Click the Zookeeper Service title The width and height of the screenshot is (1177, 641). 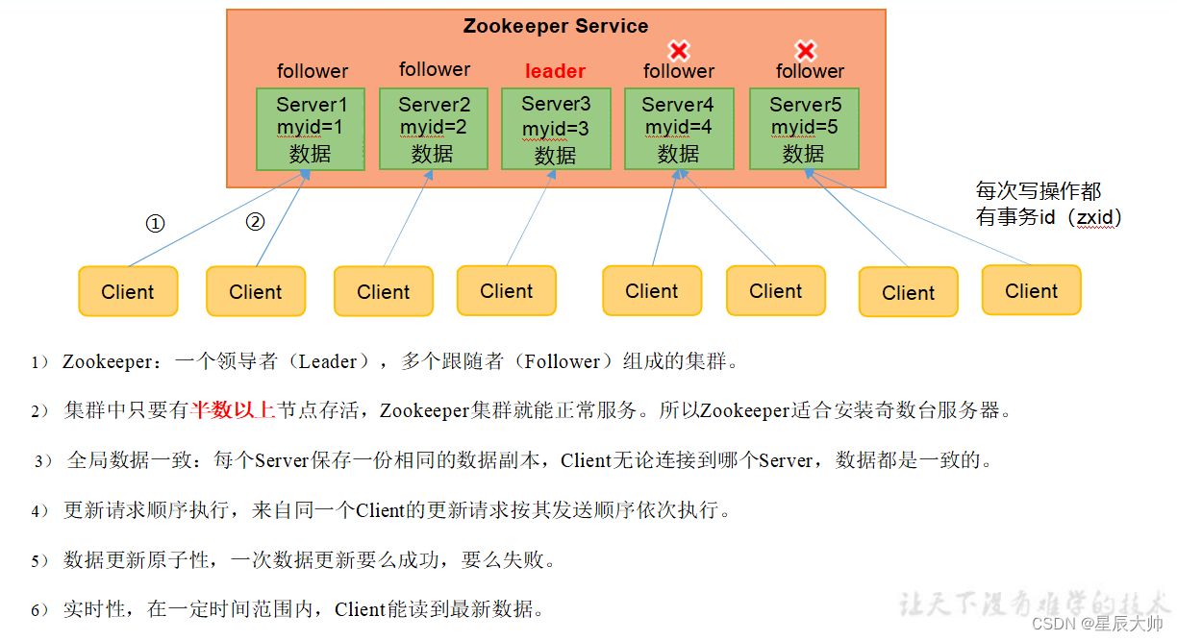(555, 26)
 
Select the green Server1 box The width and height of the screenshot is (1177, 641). (311, 129)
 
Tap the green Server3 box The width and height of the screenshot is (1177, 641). (556, 129)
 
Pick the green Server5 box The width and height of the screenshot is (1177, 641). (803, 129)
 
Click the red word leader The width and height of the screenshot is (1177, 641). (555, 71)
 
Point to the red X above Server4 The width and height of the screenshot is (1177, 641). (679, 50)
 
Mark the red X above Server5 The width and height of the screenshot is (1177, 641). (806, 50)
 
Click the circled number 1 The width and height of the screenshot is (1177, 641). (155, 224)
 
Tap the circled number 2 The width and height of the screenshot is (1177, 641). (255, 222)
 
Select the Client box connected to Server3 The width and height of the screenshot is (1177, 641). (507, 290)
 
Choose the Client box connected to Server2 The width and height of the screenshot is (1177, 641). (383, 291)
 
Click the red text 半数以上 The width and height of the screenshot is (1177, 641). (233, 411)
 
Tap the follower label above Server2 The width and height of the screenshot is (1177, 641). (435, 69)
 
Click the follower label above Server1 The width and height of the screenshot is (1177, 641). (313, 71)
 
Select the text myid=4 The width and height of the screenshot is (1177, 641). (678, 128)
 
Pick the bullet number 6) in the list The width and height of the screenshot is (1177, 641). (39, 609)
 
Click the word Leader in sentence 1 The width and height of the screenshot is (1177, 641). (327, 362)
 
